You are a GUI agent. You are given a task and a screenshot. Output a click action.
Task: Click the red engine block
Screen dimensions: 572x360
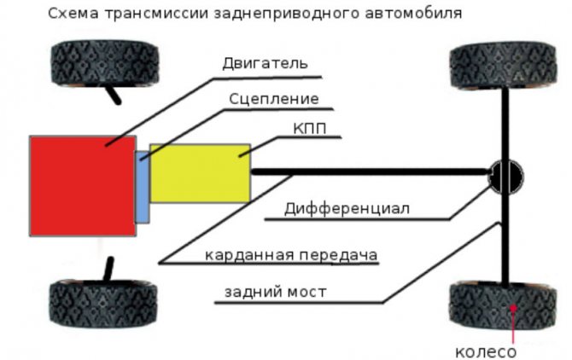pyautogui.click(x=83, y=186)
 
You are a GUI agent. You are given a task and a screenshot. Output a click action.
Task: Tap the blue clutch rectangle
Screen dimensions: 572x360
pyautogui.click(x=143, y=187)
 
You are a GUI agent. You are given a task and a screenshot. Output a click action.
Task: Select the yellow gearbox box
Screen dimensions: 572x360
pyautogui.click(x=201, y=173)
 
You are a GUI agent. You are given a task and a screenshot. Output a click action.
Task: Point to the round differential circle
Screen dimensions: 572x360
pyautogui.click(x=506, y=177)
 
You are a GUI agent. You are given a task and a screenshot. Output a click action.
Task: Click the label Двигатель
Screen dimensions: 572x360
pyautogui.click(x=266, y=63)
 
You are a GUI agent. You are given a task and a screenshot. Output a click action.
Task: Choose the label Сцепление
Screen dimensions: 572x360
pyautogui.click(x=274, y=99)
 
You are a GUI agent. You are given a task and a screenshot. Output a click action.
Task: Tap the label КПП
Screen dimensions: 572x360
pyautogui.click(x=310, y=129)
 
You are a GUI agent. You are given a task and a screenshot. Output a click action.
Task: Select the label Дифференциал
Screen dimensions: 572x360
pyautogui.click(x=347, y=209)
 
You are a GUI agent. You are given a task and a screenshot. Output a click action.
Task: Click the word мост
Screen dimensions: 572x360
pyautogui.click(x=306, y=293)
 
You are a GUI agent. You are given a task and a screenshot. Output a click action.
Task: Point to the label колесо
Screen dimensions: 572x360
pyautogui.click(x=486, y=352)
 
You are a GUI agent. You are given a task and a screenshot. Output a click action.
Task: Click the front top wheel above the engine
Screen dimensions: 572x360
pyautogui.click(x=105, y=63)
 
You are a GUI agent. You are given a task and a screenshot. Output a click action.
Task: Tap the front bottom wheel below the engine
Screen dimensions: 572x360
pyautogui.click(x=103, y=304)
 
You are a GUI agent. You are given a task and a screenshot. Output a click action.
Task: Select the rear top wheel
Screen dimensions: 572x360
pyautogui.click(x=504, y=66)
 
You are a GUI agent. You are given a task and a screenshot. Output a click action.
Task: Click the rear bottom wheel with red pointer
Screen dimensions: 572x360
pyautogui.click(x=503, y=305)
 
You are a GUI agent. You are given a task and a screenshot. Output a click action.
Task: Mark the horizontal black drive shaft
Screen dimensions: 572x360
pyautogui.click(x=371, y=171)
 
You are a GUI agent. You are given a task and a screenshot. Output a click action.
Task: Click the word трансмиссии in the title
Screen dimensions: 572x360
pyautogui.click(x=157, y=14)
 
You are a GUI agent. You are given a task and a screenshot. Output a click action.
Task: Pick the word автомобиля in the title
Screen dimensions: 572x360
pyautogui.click(x=413, y=14)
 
